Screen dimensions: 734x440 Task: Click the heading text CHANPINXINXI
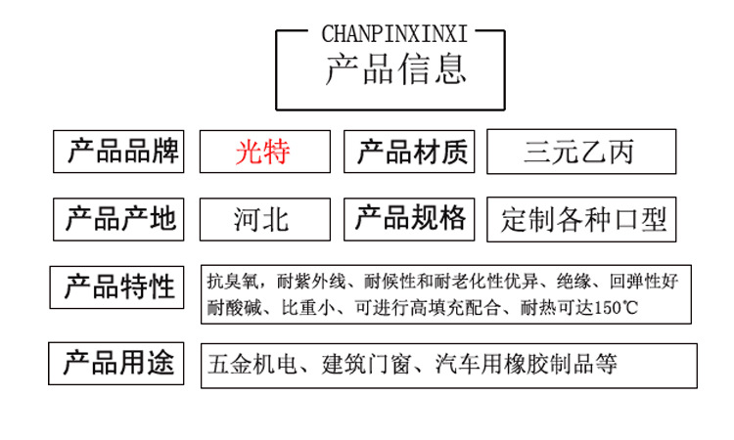(x=394, y=34)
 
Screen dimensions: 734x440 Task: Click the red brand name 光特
(x=262, y=153)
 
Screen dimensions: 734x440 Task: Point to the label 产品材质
(x=412, y=153)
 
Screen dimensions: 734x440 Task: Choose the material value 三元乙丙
(x=579, y=153)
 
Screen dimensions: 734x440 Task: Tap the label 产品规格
(x=410, y=218)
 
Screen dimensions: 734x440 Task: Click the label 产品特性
(x=119, y=287)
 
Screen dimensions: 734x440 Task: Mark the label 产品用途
(x=118, y=365)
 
